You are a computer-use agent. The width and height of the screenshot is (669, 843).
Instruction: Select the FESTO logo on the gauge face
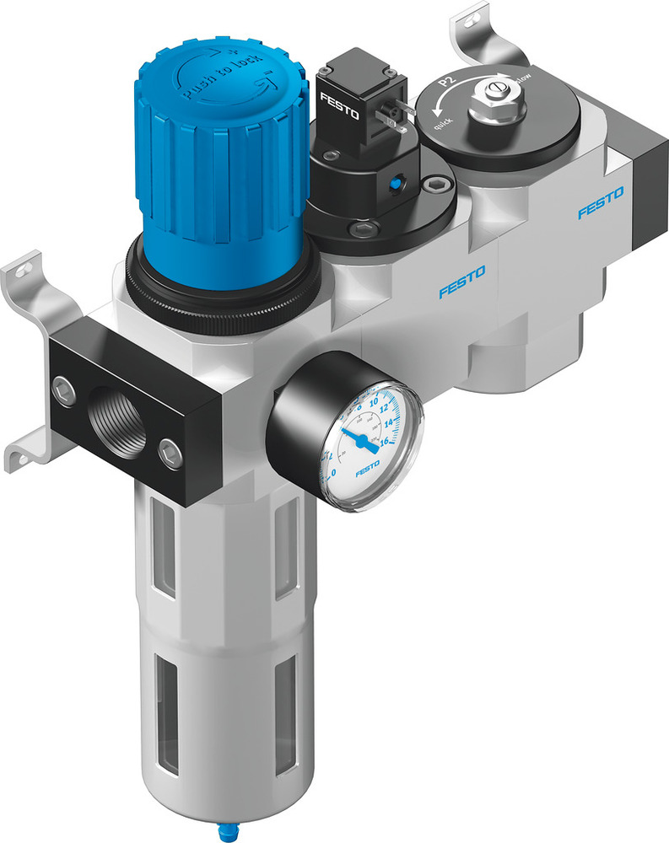[368, 470]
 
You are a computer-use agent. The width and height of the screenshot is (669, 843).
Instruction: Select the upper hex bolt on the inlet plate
[63, 387]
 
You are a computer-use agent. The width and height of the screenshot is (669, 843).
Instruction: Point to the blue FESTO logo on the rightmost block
[600, 203]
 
